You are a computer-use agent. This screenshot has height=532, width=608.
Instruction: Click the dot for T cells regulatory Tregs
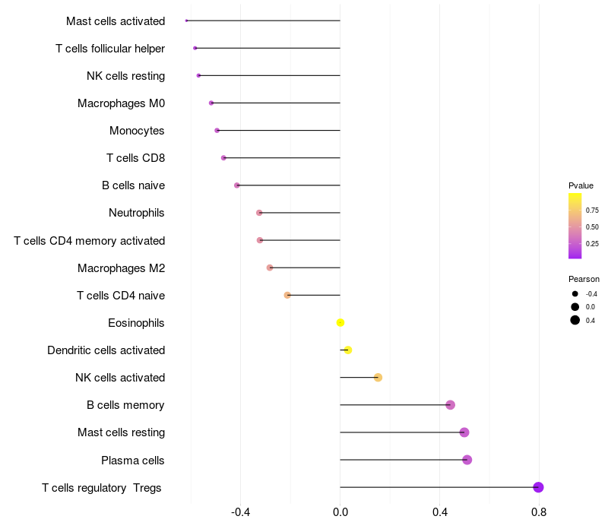(538, 487)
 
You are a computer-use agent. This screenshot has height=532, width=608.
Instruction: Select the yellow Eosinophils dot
(340, 323)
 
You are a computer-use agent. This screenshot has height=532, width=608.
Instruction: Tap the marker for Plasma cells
(467, 460)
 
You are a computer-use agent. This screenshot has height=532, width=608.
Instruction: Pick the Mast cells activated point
(186, 21)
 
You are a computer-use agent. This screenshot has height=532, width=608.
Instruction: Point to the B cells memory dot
(450, 405)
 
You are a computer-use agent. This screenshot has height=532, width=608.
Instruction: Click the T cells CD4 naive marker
(287, 295)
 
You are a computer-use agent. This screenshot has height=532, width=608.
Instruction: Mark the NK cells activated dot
(378, 378)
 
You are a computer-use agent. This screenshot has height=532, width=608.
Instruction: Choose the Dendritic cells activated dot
(348, 350)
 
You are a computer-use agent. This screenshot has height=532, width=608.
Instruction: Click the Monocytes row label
(137, 131)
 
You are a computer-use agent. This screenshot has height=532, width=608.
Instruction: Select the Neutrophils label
(136, 213)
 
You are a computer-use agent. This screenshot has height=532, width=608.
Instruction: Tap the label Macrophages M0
(121, 103)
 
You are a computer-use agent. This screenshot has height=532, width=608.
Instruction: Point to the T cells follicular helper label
(110, 49)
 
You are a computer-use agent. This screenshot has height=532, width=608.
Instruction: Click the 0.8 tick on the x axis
(539, 511)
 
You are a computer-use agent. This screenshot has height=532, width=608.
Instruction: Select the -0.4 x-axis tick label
(240, 511)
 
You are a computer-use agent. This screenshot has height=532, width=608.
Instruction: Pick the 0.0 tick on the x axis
(340, 511)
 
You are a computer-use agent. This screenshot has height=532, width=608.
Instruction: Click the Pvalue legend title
(581, 185)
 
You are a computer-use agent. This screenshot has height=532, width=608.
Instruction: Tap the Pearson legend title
(584, 279)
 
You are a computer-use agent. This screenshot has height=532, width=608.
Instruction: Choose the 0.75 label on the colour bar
(592, 211)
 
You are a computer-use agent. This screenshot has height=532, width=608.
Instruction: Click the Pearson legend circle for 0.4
(575, 320)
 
